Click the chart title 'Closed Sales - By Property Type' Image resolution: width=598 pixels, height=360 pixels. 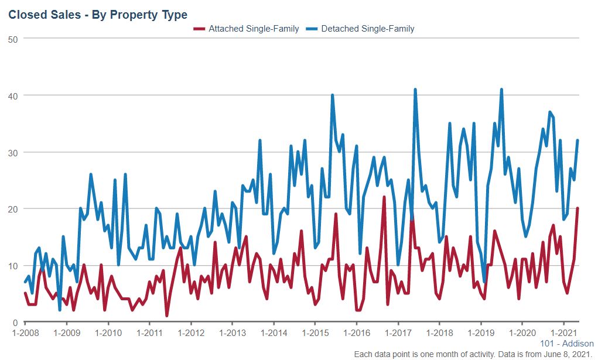[98, 14]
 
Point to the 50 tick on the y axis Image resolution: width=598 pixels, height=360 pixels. [13, 39]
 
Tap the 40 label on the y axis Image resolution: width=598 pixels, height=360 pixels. [13, 95]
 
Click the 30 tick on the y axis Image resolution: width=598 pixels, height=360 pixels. [13, 152]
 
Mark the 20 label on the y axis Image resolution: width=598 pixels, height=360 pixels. [13, 209]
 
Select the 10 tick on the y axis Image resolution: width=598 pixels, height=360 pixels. [13, 266]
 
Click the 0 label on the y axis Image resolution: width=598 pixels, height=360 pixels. [15, 323]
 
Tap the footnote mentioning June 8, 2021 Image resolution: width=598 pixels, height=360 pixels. [474, 354]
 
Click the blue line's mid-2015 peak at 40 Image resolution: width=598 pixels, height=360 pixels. [332, 95]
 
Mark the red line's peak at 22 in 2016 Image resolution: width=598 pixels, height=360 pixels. [384, 197]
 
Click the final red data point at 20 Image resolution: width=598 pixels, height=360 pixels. [578, 208]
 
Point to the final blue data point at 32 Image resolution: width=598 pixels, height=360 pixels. [578, 140]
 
